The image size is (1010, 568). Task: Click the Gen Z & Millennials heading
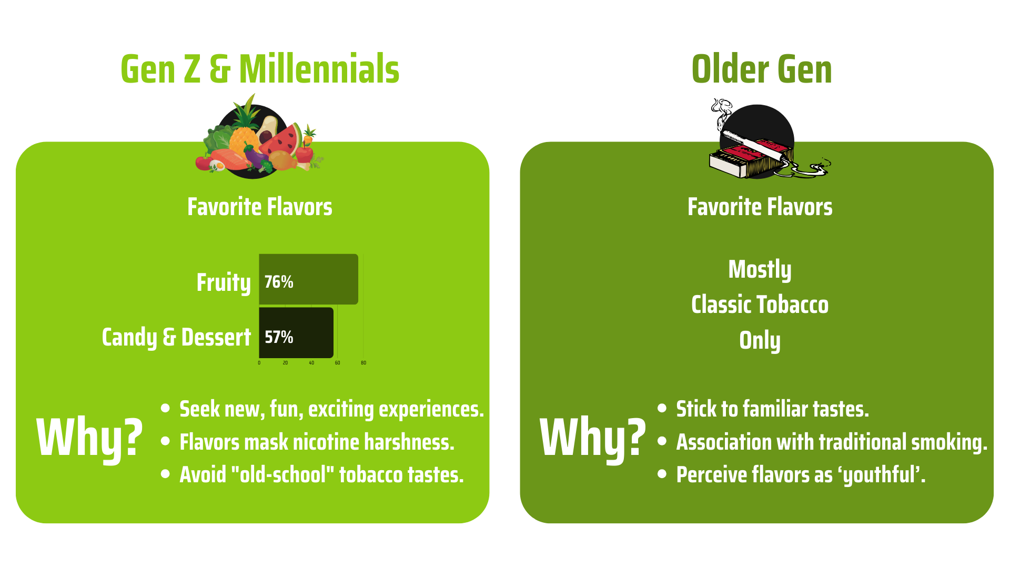pos(260,69)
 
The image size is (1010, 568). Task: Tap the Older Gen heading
pos(762,69)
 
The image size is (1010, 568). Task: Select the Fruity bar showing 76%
pos(308,279)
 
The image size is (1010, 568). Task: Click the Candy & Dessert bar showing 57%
pos(296,332)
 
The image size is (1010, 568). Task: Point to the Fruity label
pos(224,283)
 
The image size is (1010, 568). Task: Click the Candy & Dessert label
pos(176,337)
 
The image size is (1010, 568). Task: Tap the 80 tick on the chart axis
pos(363,363)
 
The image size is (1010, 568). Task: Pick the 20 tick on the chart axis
pos(285,363)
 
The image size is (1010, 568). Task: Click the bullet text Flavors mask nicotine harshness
pos(317,442)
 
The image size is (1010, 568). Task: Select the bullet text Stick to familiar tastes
pos(772,409)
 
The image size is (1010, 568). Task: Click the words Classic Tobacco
pos(760,305)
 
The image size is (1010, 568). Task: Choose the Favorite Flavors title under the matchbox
pos(760,207)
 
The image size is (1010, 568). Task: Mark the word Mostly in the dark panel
pos(760,270)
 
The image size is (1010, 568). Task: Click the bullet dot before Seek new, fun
pos(166,408)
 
